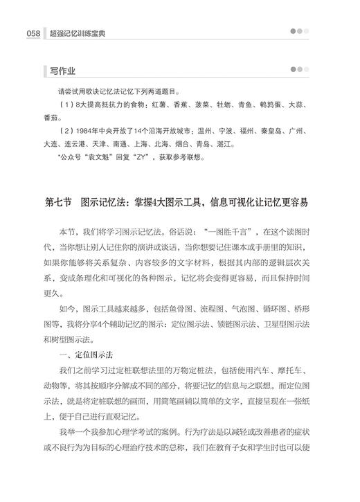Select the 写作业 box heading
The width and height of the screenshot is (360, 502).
click(x=63, y=71)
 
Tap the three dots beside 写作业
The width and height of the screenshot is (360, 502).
click(x=300, y=71)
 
